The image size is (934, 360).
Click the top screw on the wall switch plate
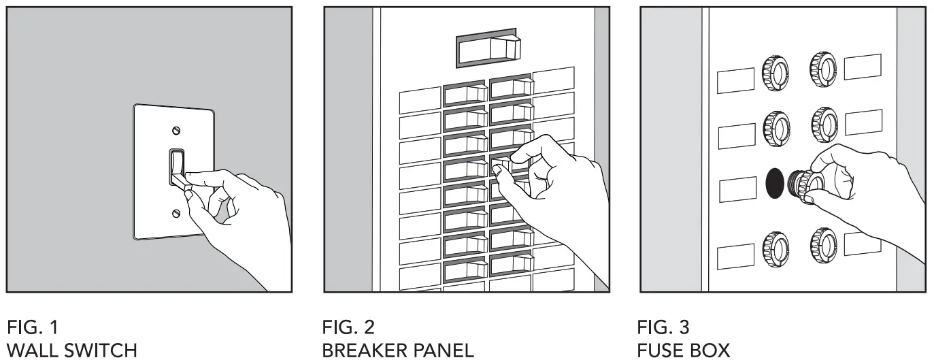pyautogui.click(x=177, y=130)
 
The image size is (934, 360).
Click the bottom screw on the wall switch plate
pyautogui.click(x=177, y=214)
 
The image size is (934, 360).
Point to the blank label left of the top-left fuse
pyautogui.click(x=735, y=80)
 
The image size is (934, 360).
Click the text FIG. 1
pyautogui.click(x=31, y=327)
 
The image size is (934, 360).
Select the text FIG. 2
pyautogui.click(x=348, y=327)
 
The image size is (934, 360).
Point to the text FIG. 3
pyautogui.click(x=663, y=327)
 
